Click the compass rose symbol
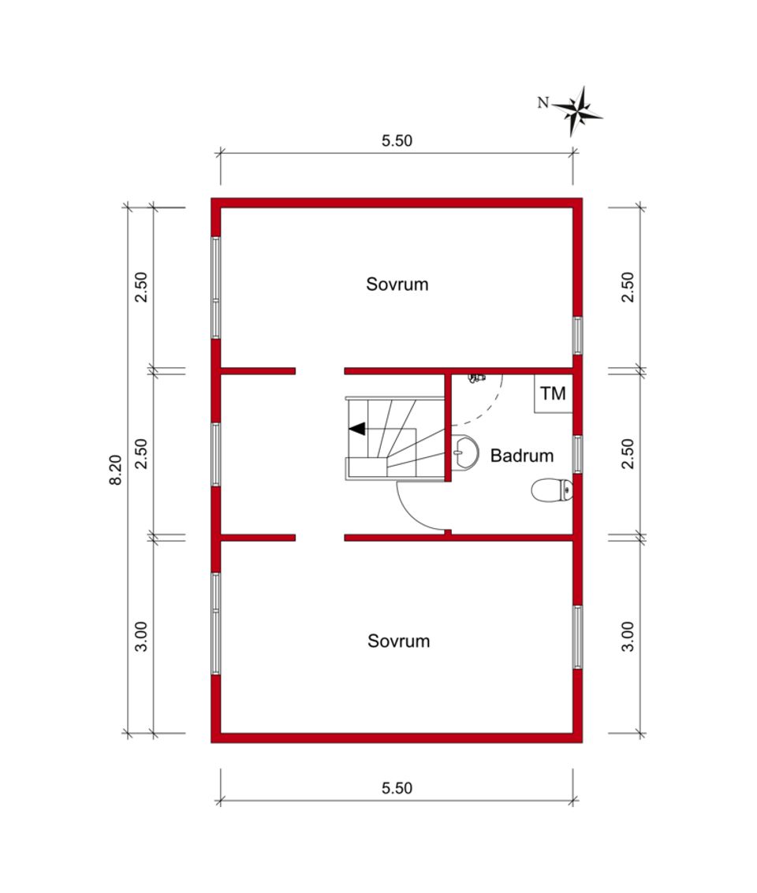576,112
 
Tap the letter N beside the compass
543,103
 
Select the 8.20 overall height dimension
116,470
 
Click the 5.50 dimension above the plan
397,140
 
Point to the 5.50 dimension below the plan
397,788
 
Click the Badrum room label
522,456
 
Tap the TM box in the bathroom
553,393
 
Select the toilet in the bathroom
551,490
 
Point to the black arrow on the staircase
357,429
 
